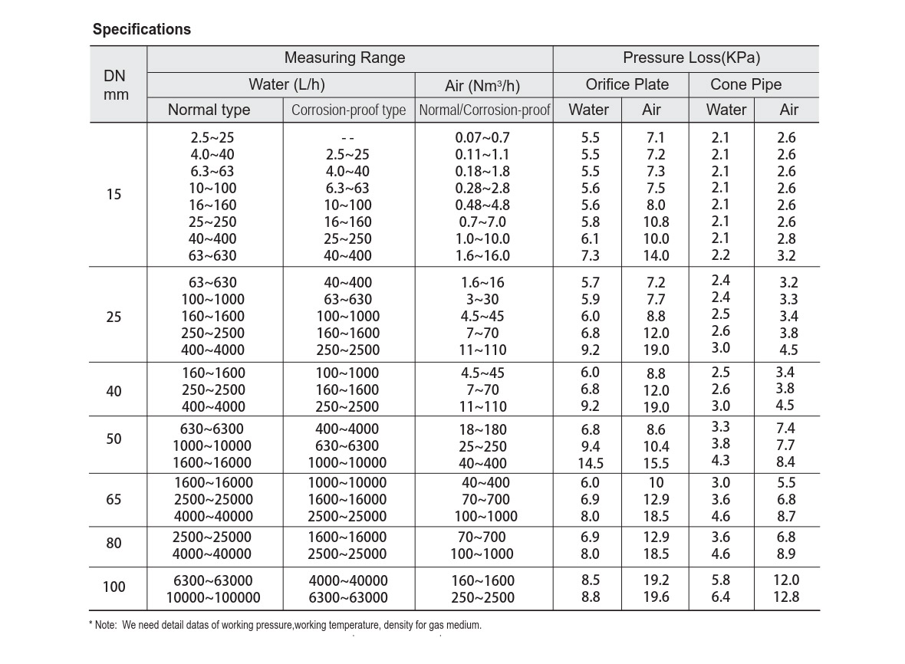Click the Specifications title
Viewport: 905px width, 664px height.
coord(141,29)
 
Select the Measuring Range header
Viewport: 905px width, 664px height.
coord(344,58)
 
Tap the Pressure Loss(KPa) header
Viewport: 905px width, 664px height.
coord(692,58)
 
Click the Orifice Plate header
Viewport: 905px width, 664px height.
coord(627,84)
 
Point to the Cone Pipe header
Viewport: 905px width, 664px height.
coord(745,84)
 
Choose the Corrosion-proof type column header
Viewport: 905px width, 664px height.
coord(349,110)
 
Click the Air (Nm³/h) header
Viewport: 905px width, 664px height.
coord(482,85)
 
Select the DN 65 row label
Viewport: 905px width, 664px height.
coord(114,499)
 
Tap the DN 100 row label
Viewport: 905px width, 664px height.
coord(114,587)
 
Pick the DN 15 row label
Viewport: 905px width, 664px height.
coord(114,194)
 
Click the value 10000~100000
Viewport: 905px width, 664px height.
coord(213,597)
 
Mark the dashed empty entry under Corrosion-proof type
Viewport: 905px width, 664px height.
coord(347,139)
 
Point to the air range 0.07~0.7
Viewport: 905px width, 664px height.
coord(482,137)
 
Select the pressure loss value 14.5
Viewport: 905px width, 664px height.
coord(591,463)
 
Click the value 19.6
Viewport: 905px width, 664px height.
coord(657,597)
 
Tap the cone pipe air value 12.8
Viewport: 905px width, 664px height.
coord(786,597)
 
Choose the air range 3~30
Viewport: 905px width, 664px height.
coord(482,299)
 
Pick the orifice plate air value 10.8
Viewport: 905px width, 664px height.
coord(657,222)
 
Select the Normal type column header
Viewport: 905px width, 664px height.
coord(209,110)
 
